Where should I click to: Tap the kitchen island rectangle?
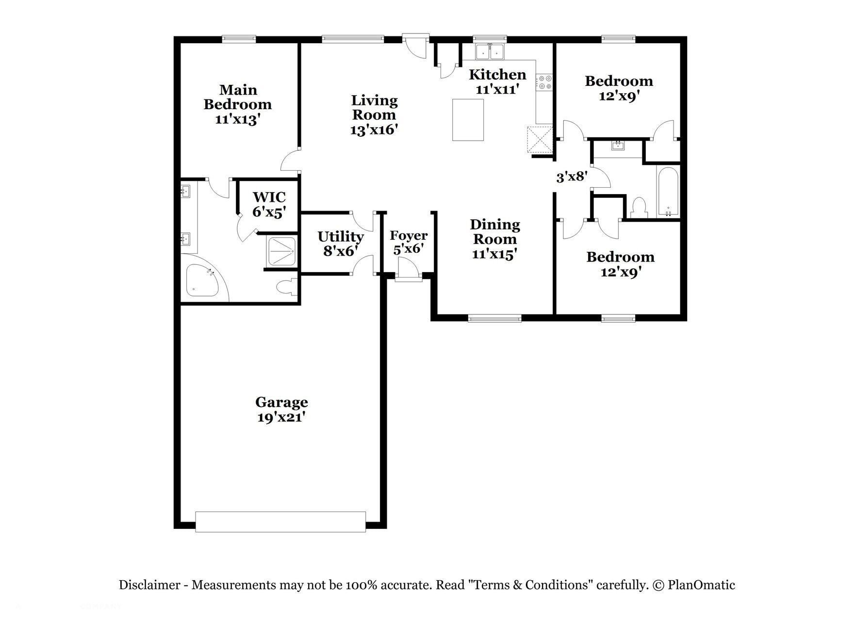[468, 120]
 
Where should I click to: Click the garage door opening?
[280, 522]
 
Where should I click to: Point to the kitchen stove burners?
[544, 82]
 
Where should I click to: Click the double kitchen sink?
[490, 51]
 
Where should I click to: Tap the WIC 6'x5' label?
[269, 204]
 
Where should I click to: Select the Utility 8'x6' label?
[340, 244]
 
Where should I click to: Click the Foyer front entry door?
[406, 268]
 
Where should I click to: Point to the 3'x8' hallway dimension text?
[572, 177]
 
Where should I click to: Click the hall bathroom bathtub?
[668, 192]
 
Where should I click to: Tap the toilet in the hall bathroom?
[639, 208]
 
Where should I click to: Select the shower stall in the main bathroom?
[281, 252]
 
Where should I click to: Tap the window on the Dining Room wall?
[494, 318]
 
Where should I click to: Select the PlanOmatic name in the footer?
[701, 585]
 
